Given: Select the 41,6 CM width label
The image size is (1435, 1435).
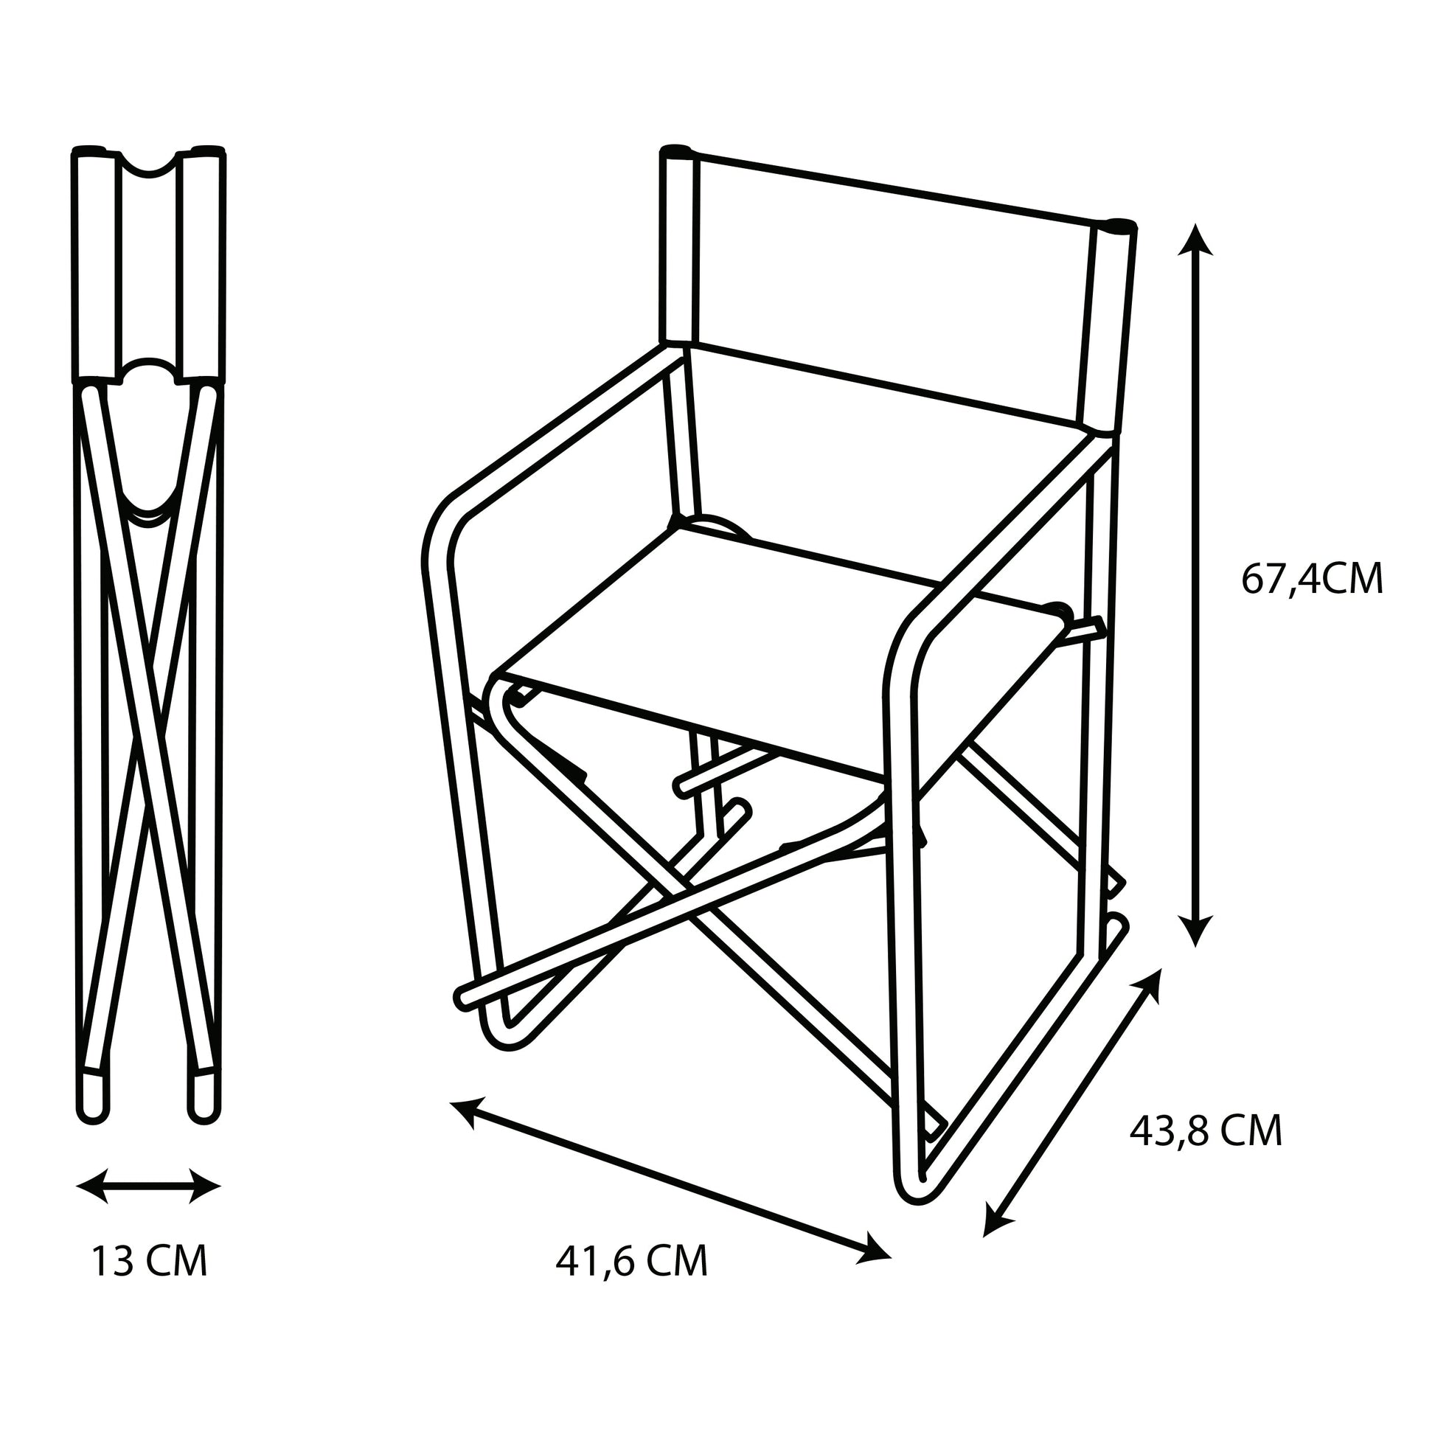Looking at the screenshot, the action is [x=631, y=1260].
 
